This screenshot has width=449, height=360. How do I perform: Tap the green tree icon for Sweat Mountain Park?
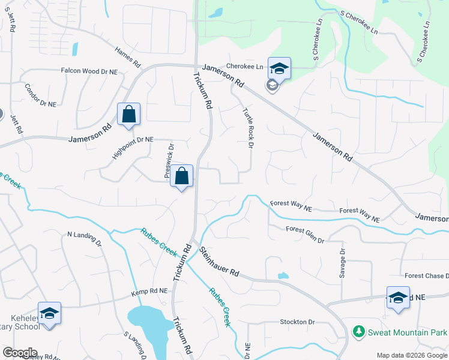pyautogui.click(x=358, y=331)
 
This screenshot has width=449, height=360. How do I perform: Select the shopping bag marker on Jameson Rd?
pyautogui.click(x=129, y=114)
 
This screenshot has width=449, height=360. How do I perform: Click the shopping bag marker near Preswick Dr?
pyautogui.click(x=182, y=176)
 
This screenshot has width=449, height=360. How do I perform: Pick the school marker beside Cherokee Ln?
pyautogui.click(x=279, y=68)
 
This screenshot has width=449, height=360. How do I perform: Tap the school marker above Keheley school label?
pyautogui.click(x=49, y=313)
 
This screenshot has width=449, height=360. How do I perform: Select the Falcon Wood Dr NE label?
pyautogui.click(x=89, y=71)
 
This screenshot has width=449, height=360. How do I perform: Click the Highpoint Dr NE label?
pyautogui.click(x=133, y=148)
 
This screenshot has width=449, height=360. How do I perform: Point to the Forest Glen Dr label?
pyautogui.click(x=305, y=235)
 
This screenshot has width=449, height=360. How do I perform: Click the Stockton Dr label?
pyautogui.click(x=297, y=322)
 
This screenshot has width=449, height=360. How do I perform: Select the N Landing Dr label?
pyautogui.click(x=85, y=238)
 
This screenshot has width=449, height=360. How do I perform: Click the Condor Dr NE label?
pyautogui.click(x=41, y=95)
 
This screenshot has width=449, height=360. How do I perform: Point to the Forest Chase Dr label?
pyautogui.click(x=426, y=276)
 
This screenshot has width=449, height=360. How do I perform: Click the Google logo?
pyautogui.click(x=19, y=353)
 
